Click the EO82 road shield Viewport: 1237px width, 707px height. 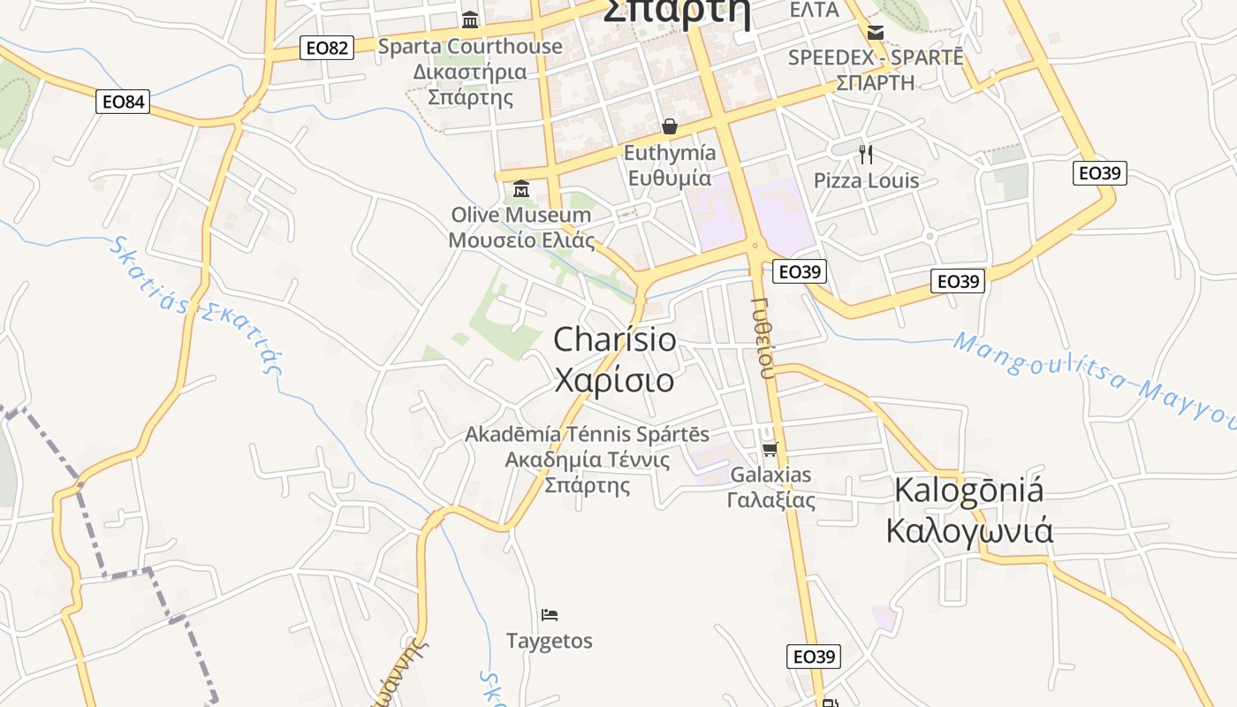(327, 48)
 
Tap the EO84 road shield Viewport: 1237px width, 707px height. (123, 102)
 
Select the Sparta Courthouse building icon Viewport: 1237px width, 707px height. (470, 19)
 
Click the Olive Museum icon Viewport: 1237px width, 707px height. (521, 188)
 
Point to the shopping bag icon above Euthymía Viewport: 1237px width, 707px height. (670, 126)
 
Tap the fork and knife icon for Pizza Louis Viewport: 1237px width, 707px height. (866, 155)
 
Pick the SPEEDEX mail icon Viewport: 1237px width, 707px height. (875, 33)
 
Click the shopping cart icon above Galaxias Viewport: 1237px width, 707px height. (770, 449)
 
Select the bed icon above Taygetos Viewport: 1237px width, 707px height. (550, 614)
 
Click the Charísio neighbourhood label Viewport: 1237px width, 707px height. (615, 340)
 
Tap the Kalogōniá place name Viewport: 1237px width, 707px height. (969, 490)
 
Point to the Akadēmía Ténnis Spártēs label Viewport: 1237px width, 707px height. (587, 435)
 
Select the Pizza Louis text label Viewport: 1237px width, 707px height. (866, 181)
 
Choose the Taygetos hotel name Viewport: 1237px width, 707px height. (550, 641)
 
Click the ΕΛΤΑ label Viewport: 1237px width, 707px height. (814, 10)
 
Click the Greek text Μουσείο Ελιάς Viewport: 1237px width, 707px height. (521, 240)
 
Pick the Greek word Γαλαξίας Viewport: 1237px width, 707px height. (770, 500)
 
